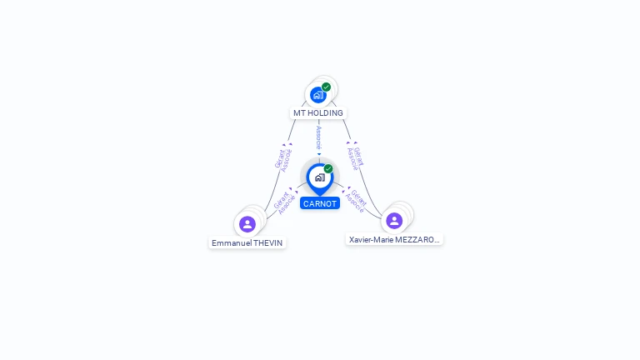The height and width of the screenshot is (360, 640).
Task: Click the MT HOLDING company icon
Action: (x=317, y=95)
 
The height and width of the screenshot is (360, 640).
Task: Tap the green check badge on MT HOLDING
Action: (x=326, y=87)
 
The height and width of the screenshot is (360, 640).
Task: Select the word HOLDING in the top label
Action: (x=325, y=113)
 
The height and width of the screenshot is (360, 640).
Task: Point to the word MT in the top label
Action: (x=298, y=113)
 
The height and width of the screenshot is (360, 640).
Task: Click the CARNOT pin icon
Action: (x=319, y=177)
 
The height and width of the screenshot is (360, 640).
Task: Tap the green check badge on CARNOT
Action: (x=328, y=168)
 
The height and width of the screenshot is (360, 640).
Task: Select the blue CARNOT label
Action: (x=320, y=203)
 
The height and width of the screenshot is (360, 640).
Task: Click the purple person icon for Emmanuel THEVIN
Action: (x=247, y=223)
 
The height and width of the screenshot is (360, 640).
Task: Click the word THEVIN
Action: (x=268, y=243)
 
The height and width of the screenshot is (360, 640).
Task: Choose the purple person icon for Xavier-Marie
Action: (x=394, y=220)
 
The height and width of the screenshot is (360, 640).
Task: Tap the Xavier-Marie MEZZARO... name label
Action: (x=394, y=239)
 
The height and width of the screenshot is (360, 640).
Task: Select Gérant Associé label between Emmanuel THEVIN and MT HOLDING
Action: (x=283, y=158)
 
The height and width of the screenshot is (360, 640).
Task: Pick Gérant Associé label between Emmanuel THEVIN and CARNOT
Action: (x=284, y=202)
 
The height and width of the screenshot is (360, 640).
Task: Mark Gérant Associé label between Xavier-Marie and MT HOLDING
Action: (x=356, y=158)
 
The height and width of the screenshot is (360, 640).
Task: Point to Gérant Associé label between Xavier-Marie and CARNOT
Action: (x=356, y=201)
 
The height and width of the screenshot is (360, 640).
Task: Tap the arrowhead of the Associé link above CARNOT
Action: (x=319, y=154)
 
